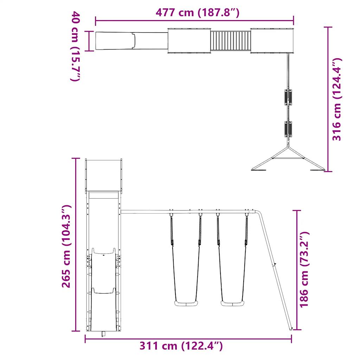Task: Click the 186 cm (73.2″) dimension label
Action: tap(304, 270)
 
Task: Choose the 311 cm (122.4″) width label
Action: tap(181, 346)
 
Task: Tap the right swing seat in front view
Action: tap(232, 303)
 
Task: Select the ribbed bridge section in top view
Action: tap(230, 41)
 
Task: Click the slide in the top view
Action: tap(131, 41)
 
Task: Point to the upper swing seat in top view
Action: tap(289, 97)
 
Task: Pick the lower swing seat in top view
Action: tap(289, 129)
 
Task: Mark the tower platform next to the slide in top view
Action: tap(189, 41)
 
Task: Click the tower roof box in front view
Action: tap(104, 175)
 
